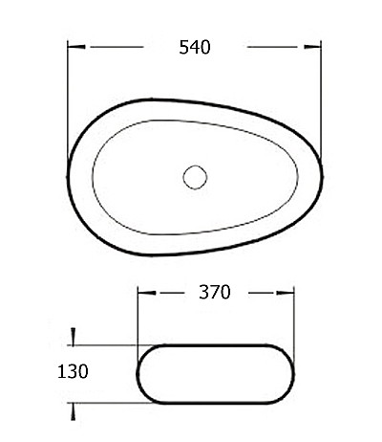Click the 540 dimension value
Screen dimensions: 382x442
click(195, 47)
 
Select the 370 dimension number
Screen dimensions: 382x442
click(215, 292)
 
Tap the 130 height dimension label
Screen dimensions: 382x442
click(73, 371)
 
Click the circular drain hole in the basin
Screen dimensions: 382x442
click(195, 177)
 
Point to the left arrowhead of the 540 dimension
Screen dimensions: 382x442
click(76, 47)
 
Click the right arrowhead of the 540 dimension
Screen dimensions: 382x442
click(312, 47)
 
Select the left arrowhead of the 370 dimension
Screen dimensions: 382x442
click(147, 293)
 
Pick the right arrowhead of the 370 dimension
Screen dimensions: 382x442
click(286, 293)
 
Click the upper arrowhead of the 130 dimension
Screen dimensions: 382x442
click(74, 336)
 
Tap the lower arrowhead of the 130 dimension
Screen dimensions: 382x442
click(74, 411)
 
